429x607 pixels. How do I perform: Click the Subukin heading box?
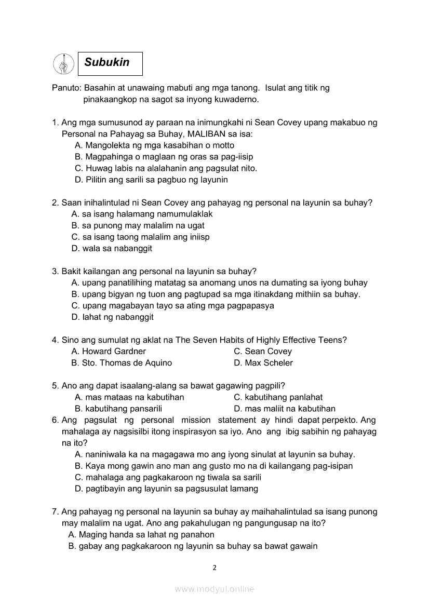click(x=110, y=63)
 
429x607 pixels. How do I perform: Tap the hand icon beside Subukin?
click(x=63, y=64)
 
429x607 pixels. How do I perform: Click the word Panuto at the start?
click(x=65, y=88)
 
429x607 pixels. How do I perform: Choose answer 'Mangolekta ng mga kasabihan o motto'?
click(x=154, y=145)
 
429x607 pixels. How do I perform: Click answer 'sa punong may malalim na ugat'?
click(x=138, y=225)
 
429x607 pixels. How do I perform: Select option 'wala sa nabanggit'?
click(x=112, y=248)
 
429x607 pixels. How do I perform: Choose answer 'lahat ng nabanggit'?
click(x=112, y=317)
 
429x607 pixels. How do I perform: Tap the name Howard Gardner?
click(x=109, y=351)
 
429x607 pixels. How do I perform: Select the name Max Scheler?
click(x=263, y=362)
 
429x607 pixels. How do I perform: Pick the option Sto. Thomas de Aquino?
click(x=122, y=362)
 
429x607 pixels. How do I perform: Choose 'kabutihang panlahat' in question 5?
click(x=278, y=397)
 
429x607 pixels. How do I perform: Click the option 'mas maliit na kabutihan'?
click(x=285, y=409)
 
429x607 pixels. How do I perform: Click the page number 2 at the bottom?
click(x=214, y=568)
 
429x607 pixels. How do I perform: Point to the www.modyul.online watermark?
click(x=214, y=589)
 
